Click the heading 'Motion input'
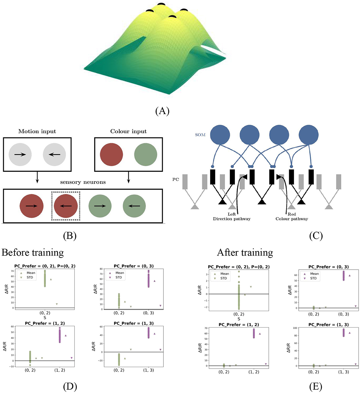coord(37,131)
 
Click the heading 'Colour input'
coord(128,131)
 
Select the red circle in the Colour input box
coord(111,154)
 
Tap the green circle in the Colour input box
coord(146,154)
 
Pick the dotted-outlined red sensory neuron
coord(66,206)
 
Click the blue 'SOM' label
coord(200,135)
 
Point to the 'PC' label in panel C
coord(176,180)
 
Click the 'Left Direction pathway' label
coord(232,216)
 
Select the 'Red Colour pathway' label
coord(292,216)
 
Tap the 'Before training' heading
coord(33,253)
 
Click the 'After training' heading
coord(245,253)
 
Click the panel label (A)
coord(162,111)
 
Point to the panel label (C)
coord(316,236)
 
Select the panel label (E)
coord(315,386)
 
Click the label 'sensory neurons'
coord(83,182)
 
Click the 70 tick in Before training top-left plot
coord(12,271)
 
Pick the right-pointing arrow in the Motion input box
coord(20,154)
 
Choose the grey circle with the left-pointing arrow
coord(54,154)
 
